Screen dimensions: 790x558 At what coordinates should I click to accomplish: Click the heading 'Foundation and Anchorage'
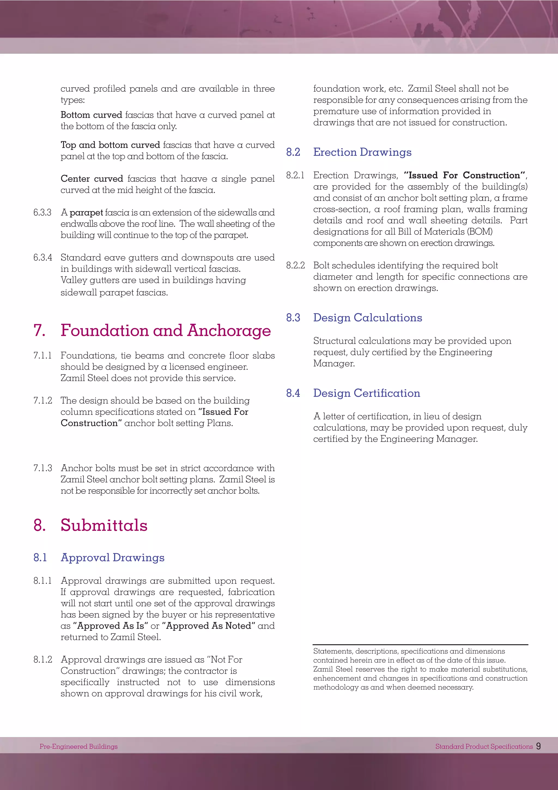pos(166,331)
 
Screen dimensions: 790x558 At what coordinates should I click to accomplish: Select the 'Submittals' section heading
pos(104,525)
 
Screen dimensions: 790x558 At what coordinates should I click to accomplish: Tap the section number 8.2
pos(293,152)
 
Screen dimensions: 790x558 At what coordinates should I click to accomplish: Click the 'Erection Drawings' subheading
pos(362,152)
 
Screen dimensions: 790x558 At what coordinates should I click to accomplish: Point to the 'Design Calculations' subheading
pos(367,318)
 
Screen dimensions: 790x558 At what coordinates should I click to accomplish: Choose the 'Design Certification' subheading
pos(366,393)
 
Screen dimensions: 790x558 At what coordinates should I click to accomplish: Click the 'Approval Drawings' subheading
pos(112,557)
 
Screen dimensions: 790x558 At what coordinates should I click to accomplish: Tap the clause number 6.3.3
pos(42,213)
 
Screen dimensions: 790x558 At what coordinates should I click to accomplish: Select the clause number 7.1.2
pos(43,400)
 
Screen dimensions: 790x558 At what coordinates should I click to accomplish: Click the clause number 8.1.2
pos(43,660)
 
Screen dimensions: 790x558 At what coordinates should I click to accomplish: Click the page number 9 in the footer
pos(538,746)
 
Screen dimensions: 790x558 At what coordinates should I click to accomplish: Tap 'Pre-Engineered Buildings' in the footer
pos(78,746)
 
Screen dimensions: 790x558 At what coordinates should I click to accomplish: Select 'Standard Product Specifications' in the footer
pos(484,746)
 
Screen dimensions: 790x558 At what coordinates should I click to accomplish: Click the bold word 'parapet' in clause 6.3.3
pos(86,213)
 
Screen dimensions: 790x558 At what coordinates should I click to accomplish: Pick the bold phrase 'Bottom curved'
pos(91,115)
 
